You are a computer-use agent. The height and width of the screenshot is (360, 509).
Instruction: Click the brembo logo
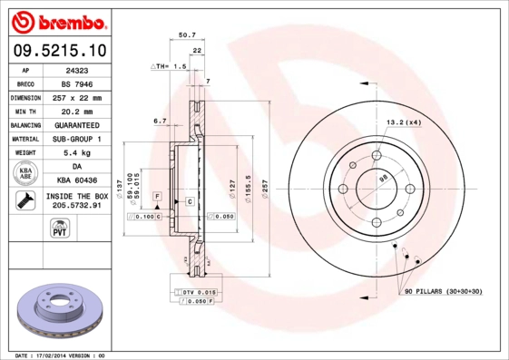[x=57, y=20]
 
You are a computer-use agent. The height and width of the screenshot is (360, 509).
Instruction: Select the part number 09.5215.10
[x=57, y=51]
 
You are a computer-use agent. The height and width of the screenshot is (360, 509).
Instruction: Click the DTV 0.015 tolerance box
[x=193, y=291]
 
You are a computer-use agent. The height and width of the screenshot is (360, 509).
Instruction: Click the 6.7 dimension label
[x=160, y=120]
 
